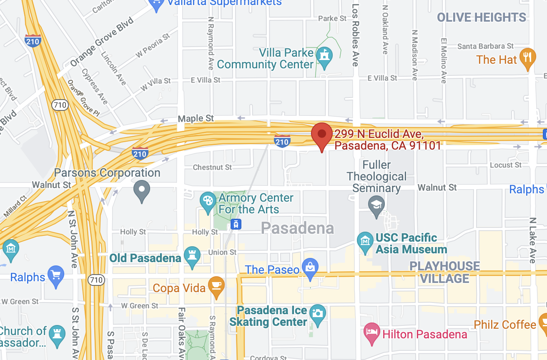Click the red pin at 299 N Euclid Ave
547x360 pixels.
point(321,135)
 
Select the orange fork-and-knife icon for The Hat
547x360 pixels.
point(527,58)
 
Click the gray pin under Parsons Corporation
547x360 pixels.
point(142,190)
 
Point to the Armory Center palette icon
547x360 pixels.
point(207,201)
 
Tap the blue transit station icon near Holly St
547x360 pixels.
point(236,224)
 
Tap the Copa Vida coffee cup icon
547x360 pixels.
point(216,286)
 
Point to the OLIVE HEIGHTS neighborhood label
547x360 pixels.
point(482,17)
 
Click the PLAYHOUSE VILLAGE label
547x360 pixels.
point(444,272)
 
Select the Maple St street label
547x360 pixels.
point(196,119)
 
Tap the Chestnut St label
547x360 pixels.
point(212,167)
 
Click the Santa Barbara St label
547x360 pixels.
point(485,46)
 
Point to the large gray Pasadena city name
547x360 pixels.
point(297,228)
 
